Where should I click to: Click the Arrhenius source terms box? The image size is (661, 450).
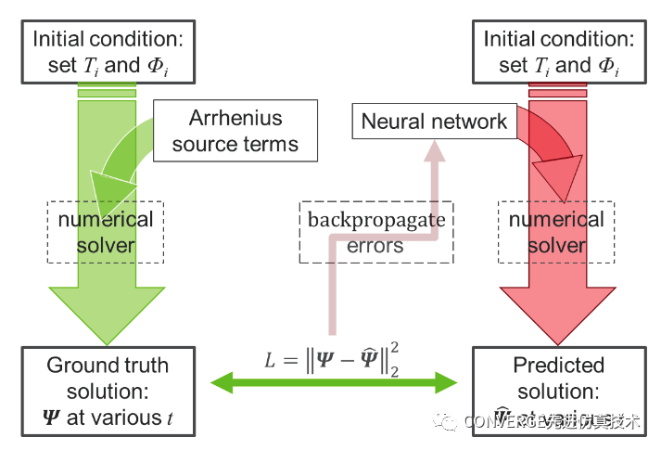click(235, 131)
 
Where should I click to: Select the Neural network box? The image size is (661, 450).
click(434, 122)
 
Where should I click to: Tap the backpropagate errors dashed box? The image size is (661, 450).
click(375, 232)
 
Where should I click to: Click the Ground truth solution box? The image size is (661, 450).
click(108, 391)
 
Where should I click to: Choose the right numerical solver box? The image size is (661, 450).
click(555, 232)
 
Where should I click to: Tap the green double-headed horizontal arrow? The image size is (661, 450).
click(334, 381)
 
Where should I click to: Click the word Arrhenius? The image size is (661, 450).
click(235, 119)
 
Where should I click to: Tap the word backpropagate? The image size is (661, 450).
click(375, 221)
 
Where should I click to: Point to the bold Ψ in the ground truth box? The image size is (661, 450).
click(54, 418)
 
